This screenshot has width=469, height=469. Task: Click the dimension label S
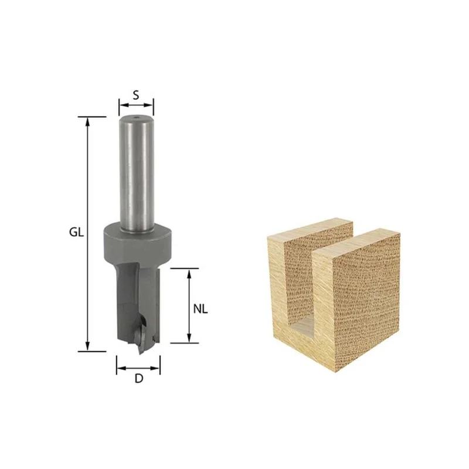(x=136, y=96)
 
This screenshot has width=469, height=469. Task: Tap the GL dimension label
(x=76, y=232)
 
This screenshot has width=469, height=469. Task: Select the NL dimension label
(x=200, y=309)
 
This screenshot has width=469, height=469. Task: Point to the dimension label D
(x=139, y=379)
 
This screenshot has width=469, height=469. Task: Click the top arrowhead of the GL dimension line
(x=87, y=121)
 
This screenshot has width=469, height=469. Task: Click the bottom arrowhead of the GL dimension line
(x=87, y=347)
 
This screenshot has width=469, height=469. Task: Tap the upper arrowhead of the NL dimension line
(x=189, y=273)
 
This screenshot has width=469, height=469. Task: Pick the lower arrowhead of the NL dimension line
(x=189, y=338)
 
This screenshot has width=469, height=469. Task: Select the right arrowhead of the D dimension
(x=155, y=368)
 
